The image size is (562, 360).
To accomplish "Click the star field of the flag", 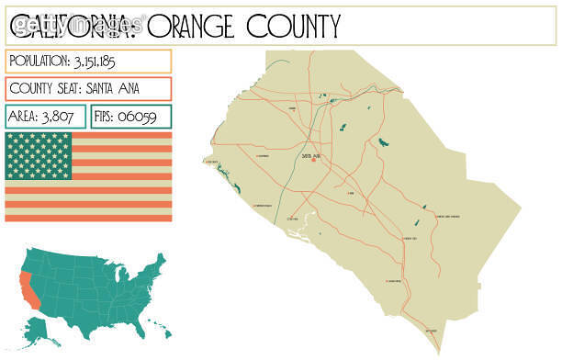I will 38,155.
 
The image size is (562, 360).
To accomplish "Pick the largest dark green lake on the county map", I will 381,142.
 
